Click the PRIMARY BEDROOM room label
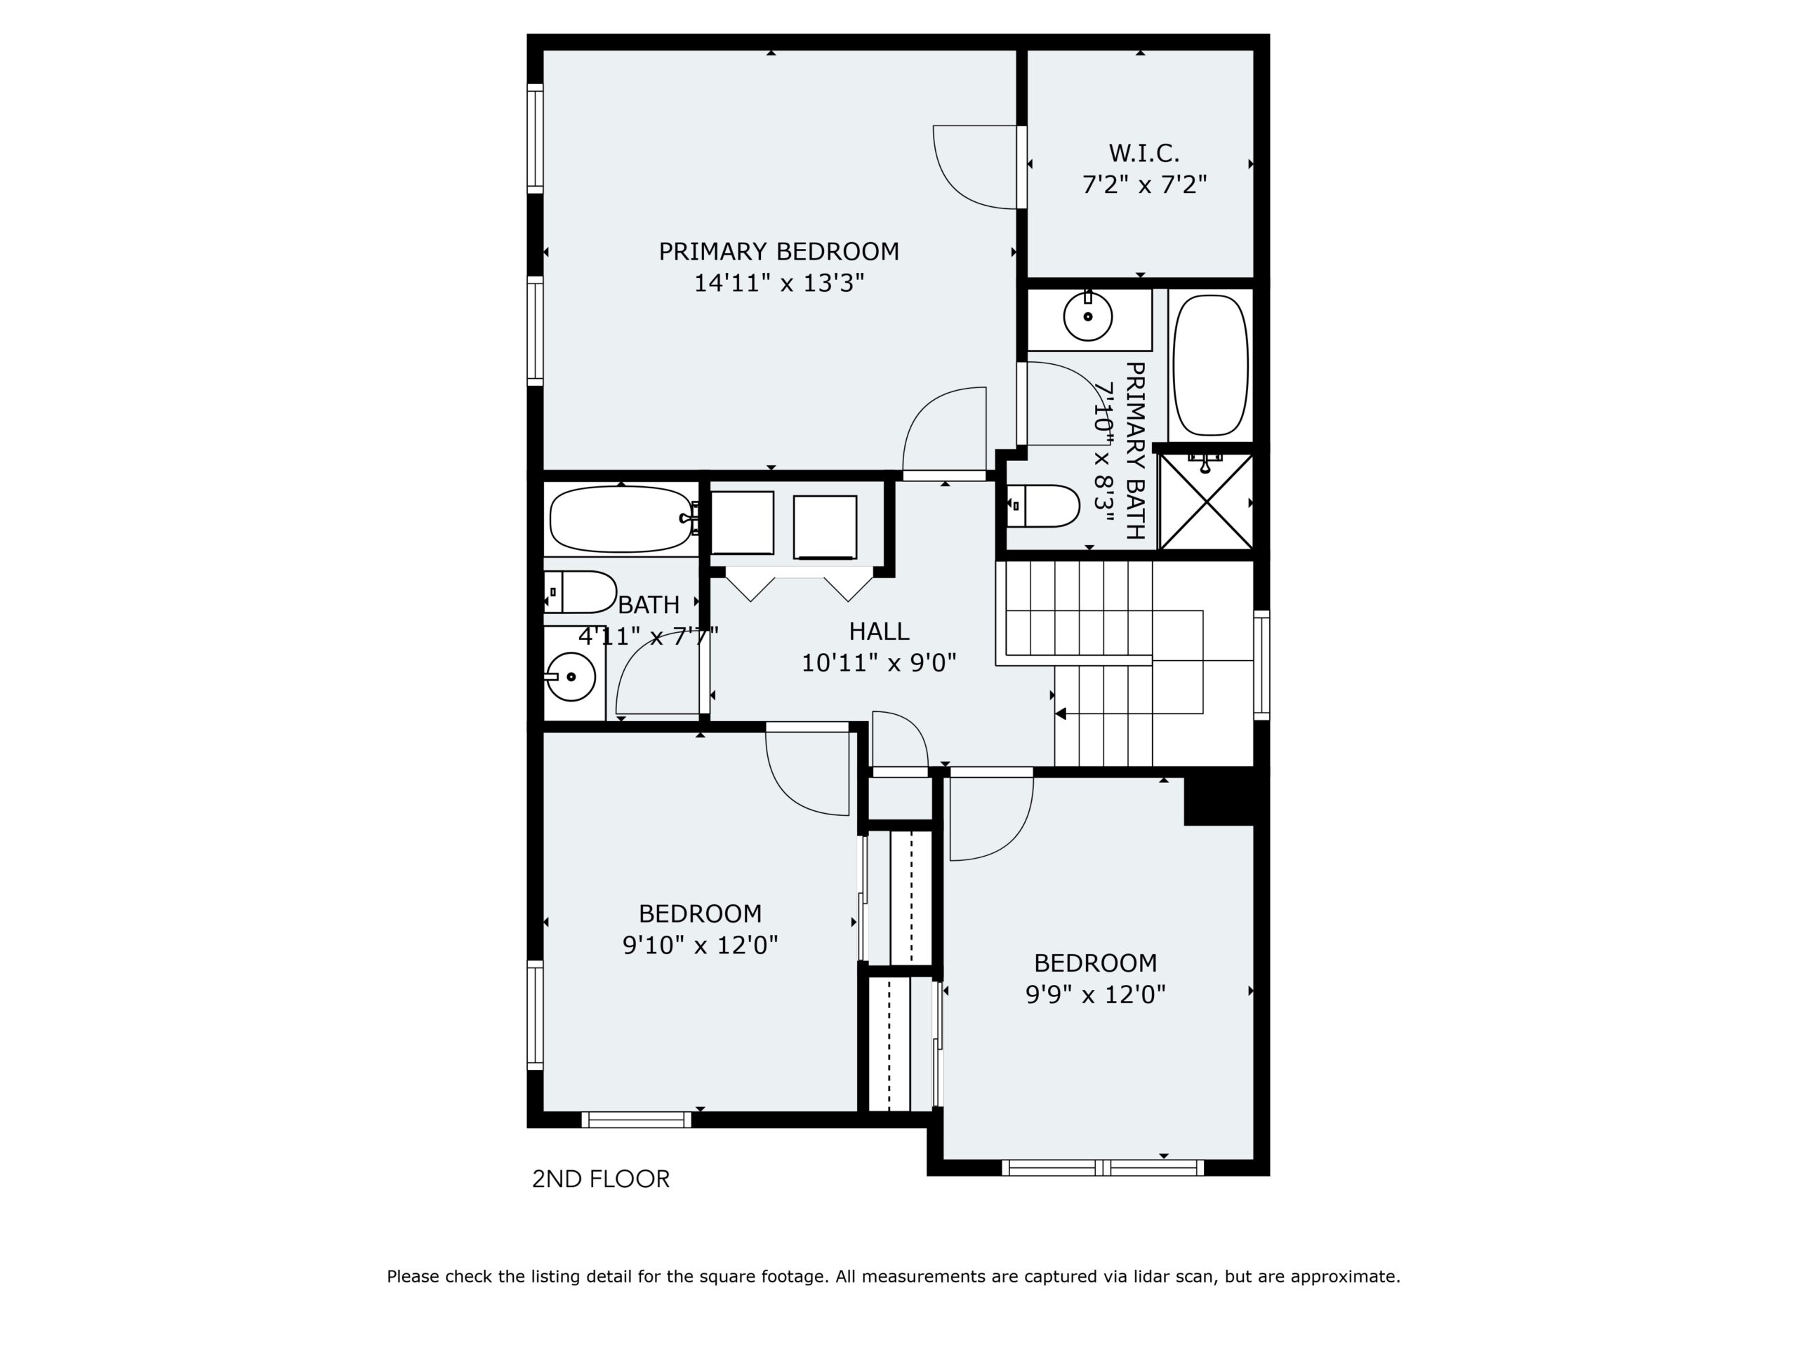[778, 252]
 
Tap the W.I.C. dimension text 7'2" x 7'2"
[1144, 185]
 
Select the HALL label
[879, 631]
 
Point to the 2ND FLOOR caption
[600, 1179]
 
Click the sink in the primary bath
[1088, 316]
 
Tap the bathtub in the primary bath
[1210, 366]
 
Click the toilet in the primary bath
[1043, 506]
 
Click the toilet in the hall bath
[580, 592]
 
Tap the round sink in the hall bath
[571, 676]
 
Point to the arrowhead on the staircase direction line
[1061, 713]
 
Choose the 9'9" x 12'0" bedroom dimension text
[1095, 994]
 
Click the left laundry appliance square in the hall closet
[743, 523]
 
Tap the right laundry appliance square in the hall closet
[825, 528]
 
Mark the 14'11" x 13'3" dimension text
[778, 283]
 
